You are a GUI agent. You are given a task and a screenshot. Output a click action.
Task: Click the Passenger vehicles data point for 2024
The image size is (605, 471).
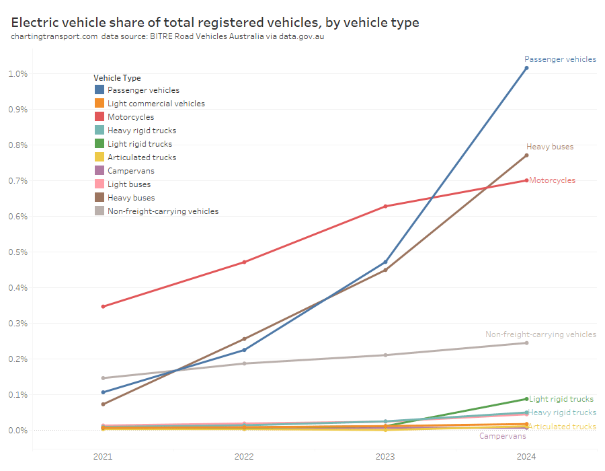(526, 68)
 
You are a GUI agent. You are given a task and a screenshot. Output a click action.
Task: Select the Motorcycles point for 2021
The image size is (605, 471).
(103, 306)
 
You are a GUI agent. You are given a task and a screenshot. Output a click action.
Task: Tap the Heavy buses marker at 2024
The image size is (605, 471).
(526, 155)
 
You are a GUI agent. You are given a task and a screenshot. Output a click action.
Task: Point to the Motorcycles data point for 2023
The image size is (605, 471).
(385, 206)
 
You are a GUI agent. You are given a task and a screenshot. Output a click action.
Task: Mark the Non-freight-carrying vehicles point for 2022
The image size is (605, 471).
(244, 363)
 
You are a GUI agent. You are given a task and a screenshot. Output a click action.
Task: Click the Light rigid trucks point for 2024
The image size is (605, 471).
(526, 399)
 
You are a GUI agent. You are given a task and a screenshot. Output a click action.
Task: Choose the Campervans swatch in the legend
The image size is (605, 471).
(99, 171)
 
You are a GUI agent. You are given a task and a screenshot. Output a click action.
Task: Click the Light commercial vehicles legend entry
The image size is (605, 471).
(156, 104)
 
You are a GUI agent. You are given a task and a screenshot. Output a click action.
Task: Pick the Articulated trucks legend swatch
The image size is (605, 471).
(99, 157)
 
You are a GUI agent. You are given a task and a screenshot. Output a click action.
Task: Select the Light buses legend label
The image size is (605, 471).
(129, 184)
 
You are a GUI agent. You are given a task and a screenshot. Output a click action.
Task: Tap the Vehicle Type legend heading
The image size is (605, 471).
(117, 78)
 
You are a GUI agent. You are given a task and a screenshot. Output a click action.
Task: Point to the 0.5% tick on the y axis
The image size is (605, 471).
(18, 252)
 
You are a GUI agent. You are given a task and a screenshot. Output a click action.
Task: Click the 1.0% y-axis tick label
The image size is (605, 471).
(18, 73)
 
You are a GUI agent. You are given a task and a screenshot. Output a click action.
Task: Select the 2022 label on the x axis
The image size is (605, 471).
(244, 457)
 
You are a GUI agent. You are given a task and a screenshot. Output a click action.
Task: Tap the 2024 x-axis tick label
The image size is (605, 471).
(526, 457)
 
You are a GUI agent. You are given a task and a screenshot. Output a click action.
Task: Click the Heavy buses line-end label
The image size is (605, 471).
(550, 147)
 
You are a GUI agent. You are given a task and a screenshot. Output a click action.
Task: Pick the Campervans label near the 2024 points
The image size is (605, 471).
(503, 436)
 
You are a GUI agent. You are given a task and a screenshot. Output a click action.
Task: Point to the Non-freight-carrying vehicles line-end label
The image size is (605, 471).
(540, 334)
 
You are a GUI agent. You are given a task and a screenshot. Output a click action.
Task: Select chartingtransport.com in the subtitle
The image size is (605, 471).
(54, 36)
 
